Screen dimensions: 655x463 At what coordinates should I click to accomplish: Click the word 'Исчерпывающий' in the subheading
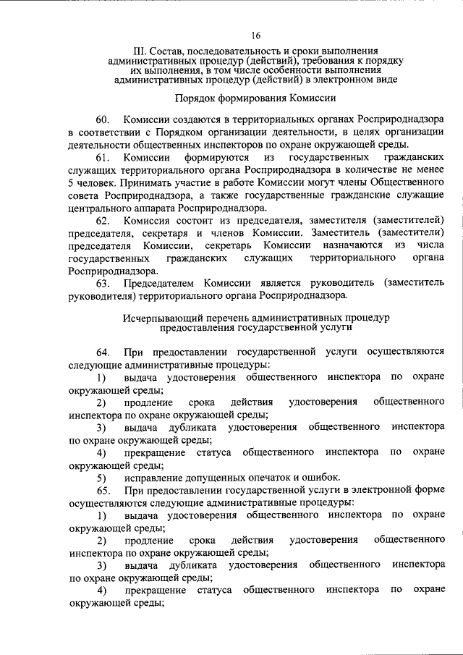(163, 318)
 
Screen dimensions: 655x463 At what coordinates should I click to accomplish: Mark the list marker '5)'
(102, 478)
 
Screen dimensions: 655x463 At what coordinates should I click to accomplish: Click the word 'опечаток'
(258, 478)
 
